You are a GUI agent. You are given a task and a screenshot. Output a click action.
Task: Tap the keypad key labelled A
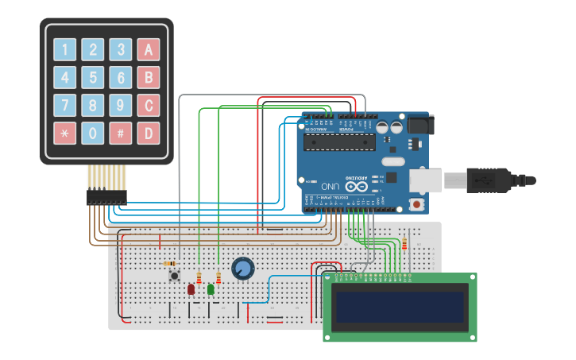tap(149, 49)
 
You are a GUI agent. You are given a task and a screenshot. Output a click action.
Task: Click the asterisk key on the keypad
tap(65, 133)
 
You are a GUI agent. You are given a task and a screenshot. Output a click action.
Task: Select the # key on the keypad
tap(121, 133)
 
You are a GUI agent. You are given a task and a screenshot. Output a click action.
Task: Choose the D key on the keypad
tap(149, 133)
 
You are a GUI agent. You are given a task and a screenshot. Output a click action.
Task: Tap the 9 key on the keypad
tap(121, 105)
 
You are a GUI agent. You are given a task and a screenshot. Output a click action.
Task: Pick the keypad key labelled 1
tap(65, 49)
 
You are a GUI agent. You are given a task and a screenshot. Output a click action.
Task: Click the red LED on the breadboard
tap(191, 289)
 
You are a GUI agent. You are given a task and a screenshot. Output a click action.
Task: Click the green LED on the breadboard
tap(211, 289)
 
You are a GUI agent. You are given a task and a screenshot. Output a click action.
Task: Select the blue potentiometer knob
tap(242, 269)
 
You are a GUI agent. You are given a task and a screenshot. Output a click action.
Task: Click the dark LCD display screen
tap(400, 308)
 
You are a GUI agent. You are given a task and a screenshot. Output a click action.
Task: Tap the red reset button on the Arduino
tap(416, 203)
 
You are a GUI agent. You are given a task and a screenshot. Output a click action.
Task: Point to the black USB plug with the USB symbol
tap(480, 180)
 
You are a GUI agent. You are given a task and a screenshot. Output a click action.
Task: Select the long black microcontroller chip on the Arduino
tap(340, 142)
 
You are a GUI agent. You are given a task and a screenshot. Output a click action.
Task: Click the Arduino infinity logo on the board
tap(356, 186)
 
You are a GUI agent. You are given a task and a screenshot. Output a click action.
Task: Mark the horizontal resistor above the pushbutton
tap(169, 264)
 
